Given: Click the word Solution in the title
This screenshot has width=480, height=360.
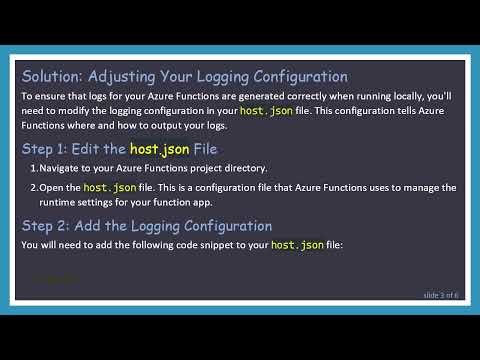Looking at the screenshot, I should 51,76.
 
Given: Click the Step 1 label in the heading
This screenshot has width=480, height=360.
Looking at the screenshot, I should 47,148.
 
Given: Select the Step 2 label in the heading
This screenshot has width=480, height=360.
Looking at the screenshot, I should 47,225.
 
